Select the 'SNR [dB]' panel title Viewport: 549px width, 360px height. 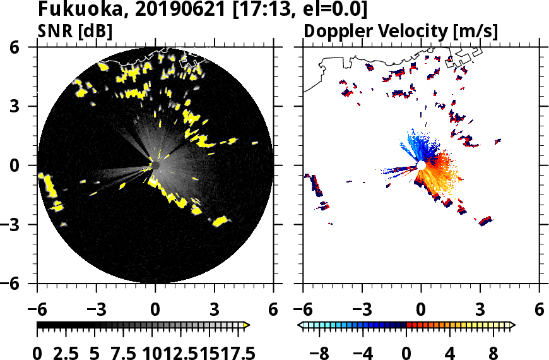click(75, 31)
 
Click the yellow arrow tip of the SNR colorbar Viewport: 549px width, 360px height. click(247, 325)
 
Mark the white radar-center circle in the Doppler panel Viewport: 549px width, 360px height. click(421, 165)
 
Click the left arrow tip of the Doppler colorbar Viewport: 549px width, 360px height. click(300, 325)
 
